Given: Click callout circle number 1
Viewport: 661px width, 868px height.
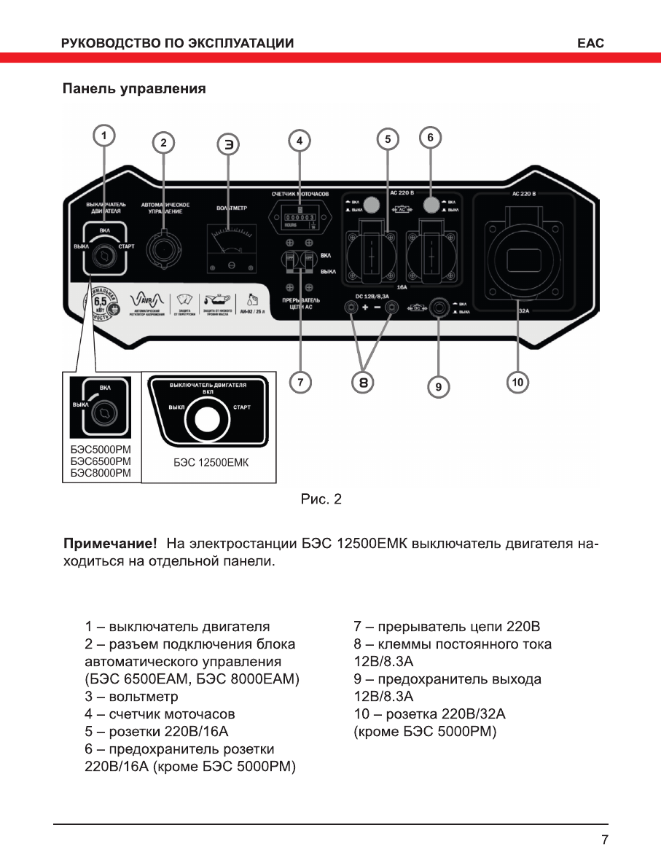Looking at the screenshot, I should (104, 136).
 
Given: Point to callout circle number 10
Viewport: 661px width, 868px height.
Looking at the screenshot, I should (517, 381).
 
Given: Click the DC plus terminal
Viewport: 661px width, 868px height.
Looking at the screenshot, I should (353, 308).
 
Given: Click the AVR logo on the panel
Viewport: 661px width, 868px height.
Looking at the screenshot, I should (143, 301).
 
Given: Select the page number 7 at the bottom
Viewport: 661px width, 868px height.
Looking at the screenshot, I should (604, 840).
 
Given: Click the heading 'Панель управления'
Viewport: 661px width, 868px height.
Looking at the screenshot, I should (134, 89).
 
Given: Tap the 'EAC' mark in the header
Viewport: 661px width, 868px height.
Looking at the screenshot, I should (590, 43).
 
